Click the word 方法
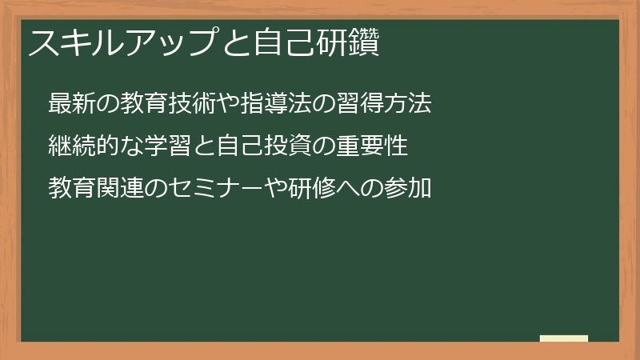[408, 104]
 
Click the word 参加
[408, 189]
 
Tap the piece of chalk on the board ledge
[564, 338]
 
